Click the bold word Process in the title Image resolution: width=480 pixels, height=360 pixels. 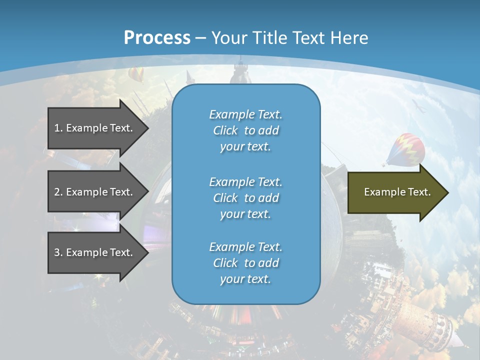coord(157,38)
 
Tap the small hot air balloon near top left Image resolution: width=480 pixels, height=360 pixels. coord(135,75)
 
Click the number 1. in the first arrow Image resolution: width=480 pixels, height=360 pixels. coord(58,128)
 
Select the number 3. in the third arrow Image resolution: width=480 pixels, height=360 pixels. coord(58,252)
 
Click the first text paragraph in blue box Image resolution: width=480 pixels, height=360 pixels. coord(245,130)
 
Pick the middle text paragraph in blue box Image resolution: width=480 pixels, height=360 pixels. coord(245,198)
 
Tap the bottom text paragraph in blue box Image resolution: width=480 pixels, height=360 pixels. coord(245,263)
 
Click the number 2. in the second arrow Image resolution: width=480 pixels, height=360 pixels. coord(58,192)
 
